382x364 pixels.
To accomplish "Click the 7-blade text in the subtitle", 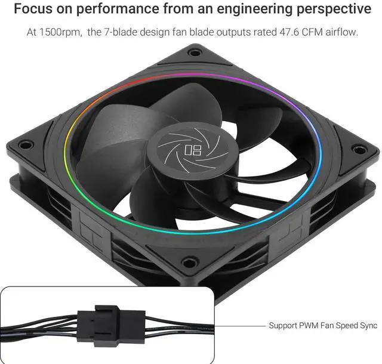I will (125, 32).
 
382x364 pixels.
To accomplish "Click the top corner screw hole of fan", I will (195, 53).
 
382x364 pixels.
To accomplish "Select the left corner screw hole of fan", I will (24, 144).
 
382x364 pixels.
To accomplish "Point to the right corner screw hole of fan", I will (358, 149).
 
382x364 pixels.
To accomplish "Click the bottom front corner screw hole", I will (190, 261).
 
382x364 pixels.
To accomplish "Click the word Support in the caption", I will (283, 326).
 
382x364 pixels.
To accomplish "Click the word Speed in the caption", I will (345, 326).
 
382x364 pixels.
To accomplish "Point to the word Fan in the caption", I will (327, 326).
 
